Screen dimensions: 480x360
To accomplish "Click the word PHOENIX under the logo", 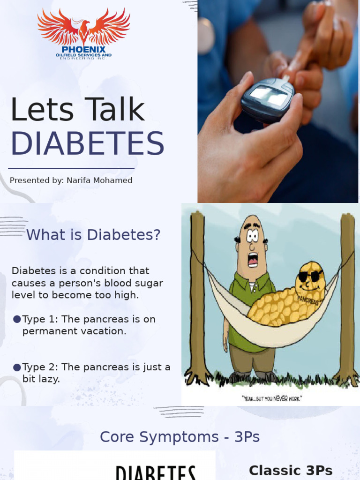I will [x=83, y=49].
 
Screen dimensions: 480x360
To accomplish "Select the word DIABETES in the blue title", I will [x=87, y=143].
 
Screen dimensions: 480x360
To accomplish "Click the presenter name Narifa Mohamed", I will [x=99, y=180].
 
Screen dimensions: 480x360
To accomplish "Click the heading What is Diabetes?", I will [x=93, y=235].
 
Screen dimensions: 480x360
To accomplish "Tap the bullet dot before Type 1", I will [x=17, y=319].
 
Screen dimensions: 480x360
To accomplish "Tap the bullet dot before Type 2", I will [x=17, y=367].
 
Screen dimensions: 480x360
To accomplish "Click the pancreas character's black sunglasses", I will [x=310, y=276].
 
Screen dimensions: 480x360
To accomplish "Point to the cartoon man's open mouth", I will [x=253, y=259].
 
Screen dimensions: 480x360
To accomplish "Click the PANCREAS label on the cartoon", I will [x=307, y=301].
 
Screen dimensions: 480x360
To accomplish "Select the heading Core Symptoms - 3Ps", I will [x=180, y=437].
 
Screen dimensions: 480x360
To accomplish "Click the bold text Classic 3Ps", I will [x=291, y=471].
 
